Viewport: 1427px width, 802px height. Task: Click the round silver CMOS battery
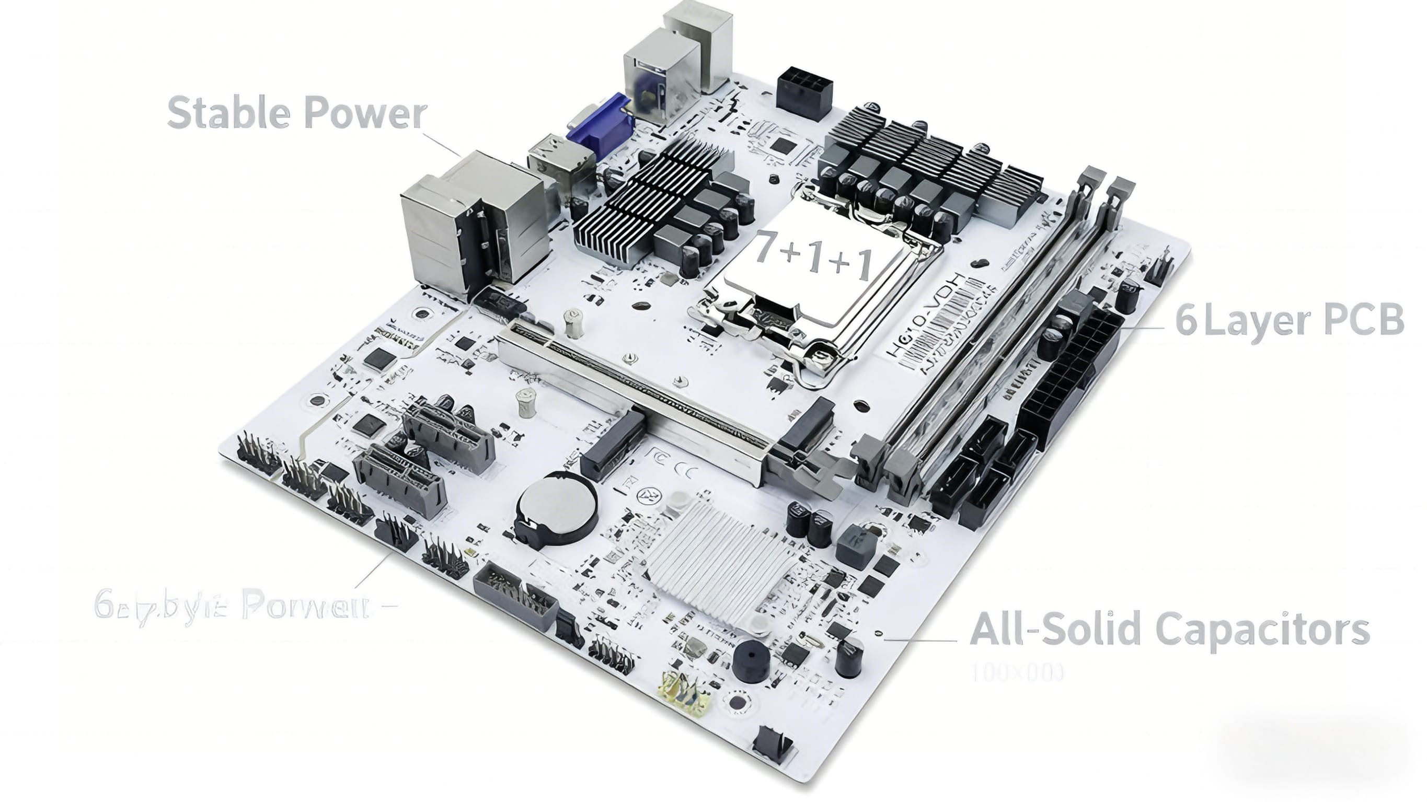557,508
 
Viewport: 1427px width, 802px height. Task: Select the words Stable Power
297,113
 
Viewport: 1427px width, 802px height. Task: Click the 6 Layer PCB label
1289,320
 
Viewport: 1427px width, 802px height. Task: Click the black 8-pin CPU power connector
804,93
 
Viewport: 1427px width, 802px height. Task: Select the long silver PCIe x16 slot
637,394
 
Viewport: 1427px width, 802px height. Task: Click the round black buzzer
751,662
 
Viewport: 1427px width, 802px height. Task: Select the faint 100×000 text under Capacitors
1017,673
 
